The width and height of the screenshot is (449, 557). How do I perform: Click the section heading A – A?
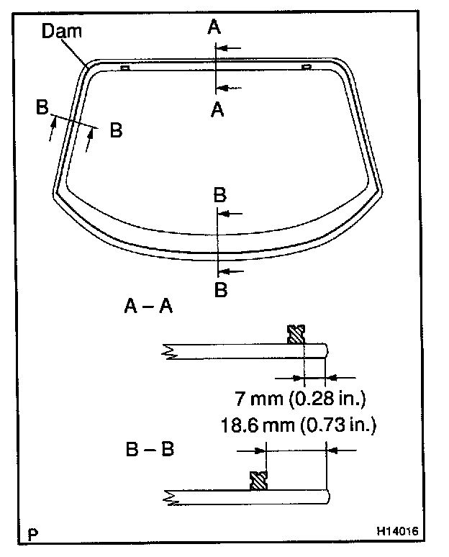pyautogui.click(x=148, y=307)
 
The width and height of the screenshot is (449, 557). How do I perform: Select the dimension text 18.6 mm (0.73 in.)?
pyautogui.click(x=299, y=425)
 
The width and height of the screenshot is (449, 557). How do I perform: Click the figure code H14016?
pyautogui.click(x=396, y=533)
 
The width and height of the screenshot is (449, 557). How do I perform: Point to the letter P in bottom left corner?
pyautogui.click(x=32, y=535)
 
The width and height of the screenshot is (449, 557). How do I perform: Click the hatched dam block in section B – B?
pyautogui.click(x=258, y=481)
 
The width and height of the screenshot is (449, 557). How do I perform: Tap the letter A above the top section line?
pyautogui.click(x=214, y=27)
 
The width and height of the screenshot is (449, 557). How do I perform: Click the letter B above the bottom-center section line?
pyautogui.click(x=220, y=194)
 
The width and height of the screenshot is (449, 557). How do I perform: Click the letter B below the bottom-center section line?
pyautogui.click(x=222, y=290)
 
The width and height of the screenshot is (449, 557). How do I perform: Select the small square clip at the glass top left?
pyautogui.click(x=124, y=68)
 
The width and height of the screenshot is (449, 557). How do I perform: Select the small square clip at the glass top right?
pyautogui.click(x=306, y=67)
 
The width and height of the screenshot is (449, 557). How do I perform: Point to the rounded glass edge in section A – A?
pyautogui.click(x=327, y=350)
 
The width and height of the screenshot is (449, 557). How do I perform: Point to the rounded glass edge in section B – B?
pyautogui.click(x=327, y=497)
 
